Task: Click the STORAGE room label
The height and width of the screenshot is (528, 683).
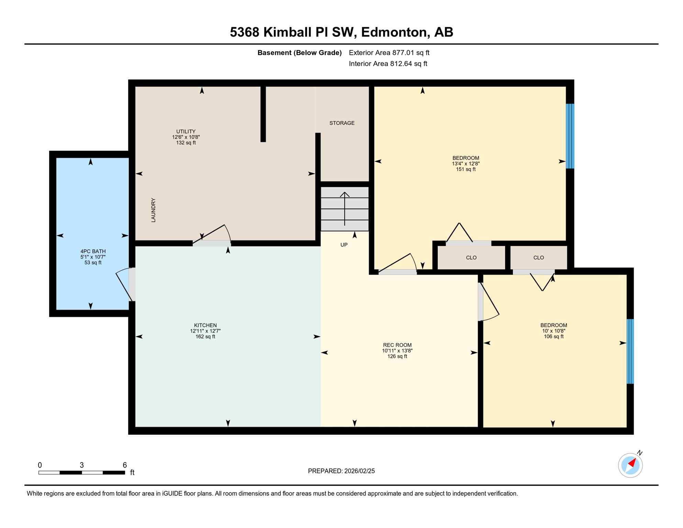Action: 342,123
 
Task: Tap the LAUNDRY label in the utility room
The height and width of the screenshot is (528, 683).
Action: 154,210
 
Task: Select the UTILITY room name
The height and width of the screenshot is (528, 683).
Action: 186,131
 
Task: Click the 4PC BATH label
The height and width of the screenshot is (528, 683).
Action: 93,251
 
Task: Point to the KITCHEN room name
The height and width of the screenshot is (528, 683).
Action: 205,325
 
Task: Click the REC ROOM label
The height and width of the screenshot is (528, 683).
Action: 397,345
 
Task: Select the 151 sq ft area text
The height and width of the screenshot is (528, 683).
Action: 466,169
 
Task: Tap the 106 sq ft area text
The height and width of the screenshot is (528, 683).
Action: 553,337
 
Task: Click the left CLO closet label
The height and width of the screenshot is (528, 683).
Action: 471,257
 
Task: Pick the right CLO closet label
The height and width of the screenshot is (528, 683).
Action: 538,257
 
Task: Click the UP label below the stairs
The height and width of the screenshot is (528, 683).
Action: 344,245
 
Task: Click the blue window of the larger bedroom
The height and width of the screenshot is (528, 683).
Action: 570,136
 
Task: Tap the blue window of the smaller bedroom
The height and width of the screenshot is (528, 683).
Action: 630,351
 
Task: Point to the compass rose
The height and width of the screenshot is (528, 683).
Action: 630,465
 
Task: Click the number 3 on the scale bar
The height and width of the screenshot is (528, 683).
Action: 82,465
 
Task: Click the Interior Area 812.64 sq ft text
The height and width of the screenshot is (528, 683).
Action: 388,64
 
